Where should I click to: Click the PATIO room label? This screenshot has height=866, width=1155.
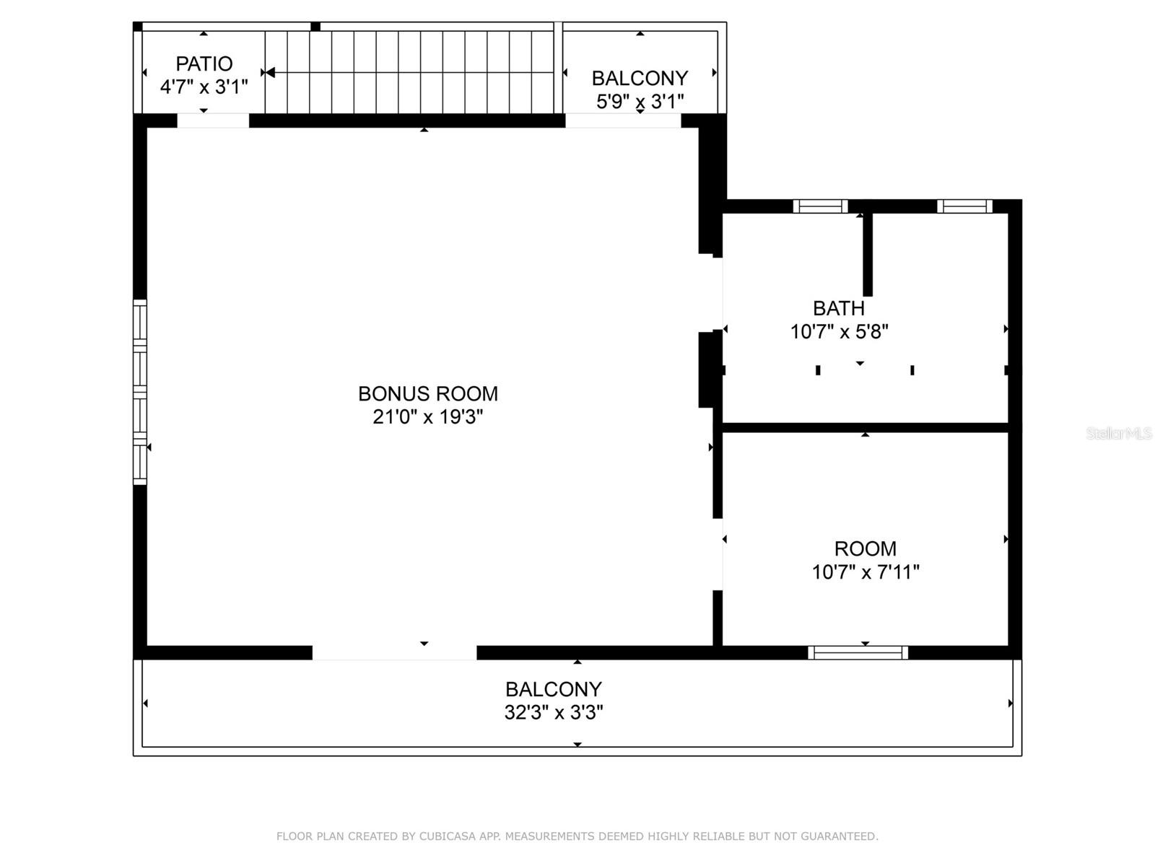pos(204,64)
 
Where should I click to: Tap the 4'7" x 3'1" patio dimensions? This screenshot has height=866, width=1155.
pos(204,87)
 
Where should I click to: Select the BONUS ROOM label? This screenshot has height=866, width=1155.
pos(427,393)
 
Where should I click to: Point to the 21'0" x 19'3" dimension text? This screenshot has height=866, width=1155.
pos(427,417)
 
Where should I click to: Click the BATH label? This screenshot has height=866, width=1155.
pos(838,308)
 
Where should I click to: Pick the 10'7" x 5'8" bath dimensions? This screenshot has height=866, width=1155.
pos(839,332)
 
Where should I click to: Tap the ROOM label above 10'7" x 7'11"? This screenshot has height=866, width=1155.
pos(865,548)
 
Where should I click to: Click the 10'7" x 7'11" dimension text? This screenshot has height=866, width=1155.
pos(865,572)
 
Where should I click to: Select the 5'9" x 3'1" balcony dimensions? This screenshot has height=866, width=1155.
pos(640,102)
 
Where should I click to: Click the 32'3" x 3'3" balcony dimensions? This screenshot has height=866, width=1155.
pos(554,713)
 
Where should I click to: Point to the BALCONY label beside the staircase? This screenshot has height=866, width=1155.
pos(640,78)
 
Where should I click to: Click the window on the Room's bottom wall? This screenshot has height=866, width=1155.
pos(858,653)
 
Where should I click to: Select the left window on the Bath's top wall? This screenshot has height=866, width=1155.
pos(820,206)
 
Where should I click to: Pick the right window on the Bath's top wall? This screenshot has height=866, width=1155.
pos(964,206)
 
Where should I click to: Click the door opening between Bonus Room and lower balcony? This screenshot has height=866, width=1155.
pos(394,653)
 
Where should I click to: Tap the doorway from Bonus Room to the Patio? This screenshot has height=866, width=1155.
pos(213,121)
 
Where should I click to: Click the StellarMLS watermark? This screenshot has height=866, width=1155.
pos(1118,434)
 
